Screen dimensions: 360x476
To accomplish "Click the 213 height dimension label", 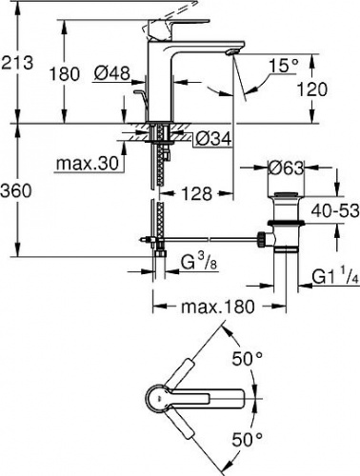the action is tap(17, 63).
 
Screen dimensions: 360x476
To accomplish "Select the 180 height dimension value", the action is tap(64, 74).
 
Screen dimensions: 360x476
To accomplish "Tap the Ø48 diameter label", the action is tap(112, 73).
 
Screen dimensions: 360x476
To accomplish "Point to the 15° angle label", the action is tap(284, 66).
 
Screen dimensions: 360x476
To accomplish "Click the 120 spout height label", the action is tap(311, 89).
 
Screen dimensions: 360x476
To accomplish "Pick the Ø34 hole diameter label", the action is tap(213, 139).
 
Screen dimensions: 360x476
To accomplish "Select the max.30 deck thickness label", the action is tap(88, 164).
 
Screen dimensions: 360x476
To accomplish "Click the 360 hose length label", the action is tap(16, 191).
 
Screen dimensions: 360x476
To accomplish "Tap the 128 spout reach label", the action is tap(196, 193).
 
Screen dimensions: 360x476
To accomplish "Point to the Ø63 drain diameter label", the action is tap(286, 168).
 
